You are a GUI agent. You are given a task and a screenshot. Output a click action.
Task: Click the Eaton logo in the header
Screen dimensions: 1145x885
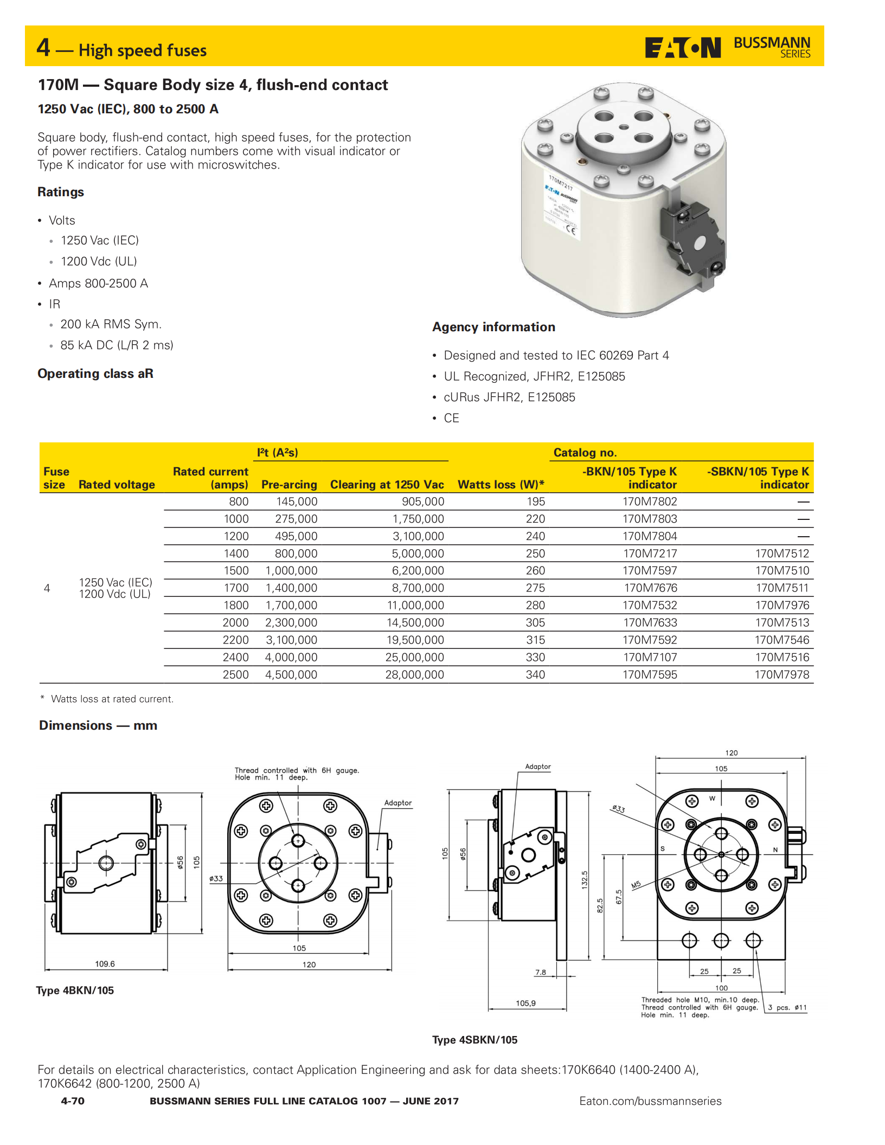pyautogui.click(x=682, y=48)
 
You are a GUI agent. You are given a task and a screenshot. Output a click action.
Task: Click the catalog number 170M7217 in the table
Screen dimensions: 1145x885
pyautogui.click(x=650, y=554)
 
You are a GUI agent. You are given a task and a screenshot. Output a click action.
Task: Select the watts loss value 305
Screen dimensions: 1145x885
pyautogui.click(x=535, y=623)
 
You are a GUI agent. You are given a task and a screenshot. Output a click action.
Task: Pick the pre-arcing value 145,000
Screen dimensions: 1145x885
pyautogui.click(x=297, y=502)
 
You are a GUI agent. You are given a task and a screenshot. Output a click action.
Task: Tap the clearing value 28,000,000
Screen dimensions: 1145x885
pyautogui.click(x=414, y=675)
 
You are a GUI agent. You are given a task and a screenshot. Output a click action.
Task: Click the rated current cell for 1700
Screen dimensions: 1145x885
pyautogui.click(x=236, y=588)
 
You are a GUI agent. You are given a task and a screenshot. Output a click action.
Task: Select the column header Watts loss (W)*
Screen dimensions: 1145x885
pyautogui.click(x=501, y=485)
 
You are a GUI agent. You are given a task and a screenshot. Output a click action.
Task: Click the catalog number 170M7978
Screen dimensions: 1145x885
pyautogui.click(x=781, y=675)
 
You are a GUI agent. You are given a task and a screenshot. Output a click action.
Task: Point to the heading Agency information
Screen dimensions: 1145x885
pyautogui.click(x=493, y=327)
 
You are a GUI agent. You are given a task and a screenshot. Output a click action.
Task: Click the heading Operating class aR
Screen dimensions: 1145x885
pyautogui.click(x=95, y=374)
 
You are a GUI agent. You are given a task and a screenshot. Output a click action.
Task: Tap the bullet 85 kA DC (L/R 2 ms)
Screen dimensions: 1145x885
pyautogui.click(x=117, y=345)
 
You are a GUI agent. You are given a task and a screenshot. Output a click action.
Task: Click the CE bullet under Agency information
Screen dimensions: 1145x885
pyautogui.click(x=451, y=418)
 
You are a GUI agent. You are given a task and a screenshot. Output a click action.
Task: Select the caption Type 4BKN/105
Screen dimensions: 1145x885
pyautogui.click(x=75, y=990)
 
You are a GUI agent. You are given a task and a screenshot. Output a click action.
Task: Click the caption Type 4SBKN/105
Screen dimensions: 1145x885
pyautogui.click(x=474, y=1040)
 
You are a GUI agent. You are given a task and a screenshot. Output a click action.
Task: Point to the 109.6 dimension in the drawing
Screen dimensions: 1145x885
pyautogui.click(x=105, y=964)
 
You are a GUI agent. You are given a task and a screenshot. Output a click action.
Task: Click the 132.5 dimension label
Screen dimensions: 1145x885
pyautogui.click(x=585, y=879)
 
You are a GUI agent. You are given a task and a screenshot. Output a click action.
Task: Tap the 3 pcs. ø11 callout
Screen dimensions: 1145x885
pyautogui.click(x=787, y=1008)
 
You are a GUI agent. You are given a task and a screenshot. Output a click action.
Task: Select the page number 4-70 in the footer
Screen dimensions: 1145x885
pyautogui.click(x=73, y=1101)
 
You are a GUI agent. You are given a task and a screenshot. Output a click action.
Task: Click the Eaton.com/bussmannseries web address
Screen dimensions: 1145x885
pyautogui.click(x=650, y=1101)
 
